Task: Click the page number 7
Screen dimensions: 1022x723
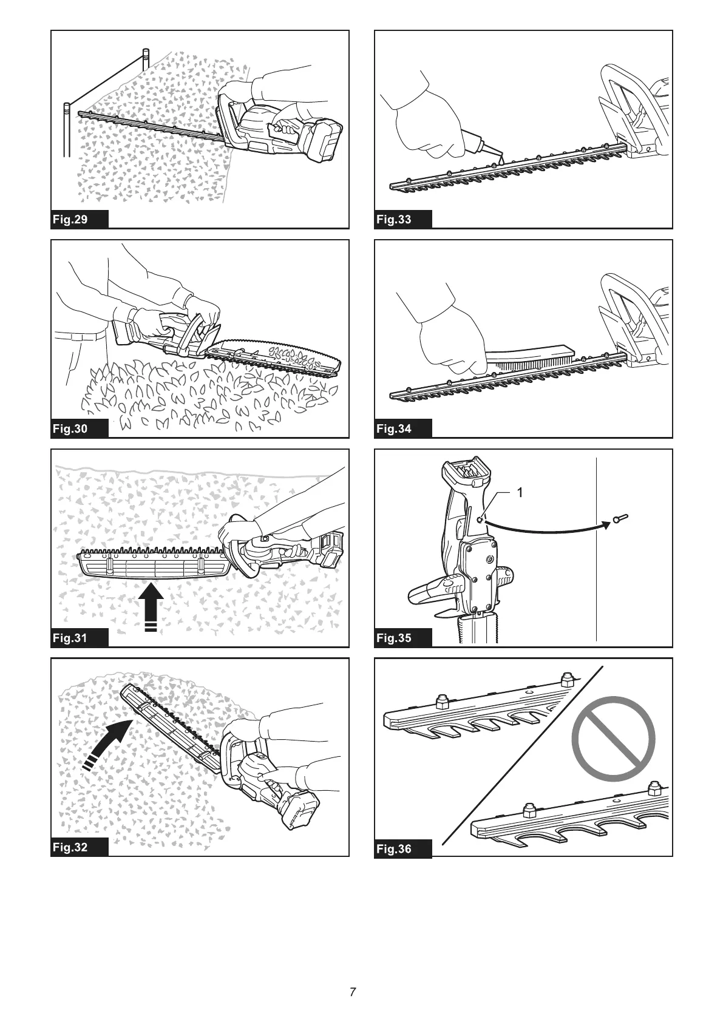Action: coord(353,992)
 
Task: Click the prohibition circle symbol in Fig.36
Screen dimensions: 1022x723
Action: coord(613,739)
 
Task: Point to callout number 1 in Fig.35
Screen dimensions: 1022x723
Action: coord(519,492)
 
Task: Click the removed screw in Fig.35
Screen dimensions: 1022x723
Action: coord(620,519)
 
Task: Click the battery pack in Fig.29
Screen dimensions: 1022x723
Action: coord(325,141)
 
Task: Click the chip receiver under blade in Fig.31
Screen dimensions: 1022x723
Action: coord(155,568)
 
